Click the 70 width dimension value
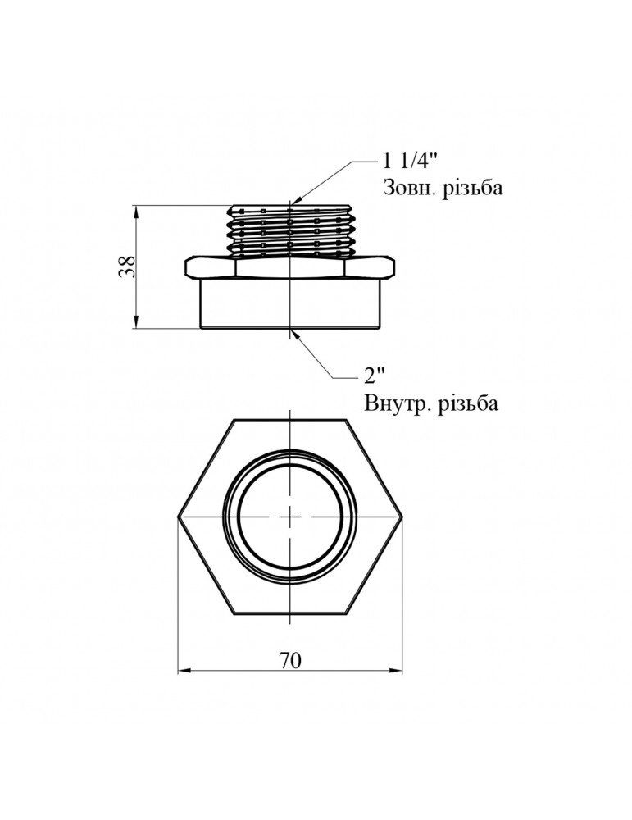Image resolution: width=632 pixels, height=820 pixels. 290,660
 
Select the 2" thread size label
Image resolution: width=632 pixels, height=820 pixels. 374,375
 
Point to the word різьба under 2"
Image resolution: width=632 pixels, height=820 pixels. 465,403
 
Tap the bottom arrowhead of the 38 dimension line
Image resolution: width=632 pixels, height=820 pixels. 136,321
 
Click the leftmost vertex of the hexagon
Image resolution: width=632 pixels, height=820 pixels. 178,517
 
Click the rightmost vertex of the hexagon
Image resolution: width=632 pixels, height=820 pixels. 402,517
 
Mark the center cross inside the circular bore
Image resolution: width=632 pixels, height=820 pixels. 290,517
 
